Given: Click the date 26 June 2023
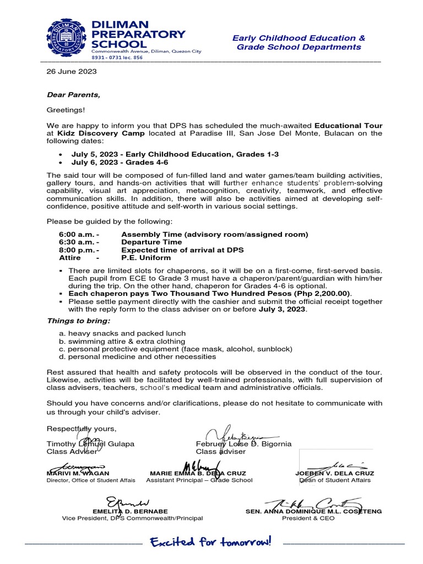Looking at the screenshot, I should [72, 72].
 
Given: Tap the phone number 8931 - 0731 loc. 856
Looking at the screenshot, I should [117, 57].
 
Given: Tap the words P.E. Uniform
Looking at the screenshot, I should [146, 257].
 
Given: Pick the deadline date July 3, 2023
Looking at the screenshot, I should [282, 309].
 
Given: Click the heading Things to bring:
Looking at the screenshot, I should [78, 321].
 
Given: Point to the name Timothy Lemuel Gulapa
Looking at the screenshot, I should [90, 444].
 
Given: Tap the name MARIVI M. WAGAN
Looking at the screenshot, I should [78, 473].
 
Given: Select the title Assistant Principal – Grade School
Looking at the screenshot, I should [199, 480].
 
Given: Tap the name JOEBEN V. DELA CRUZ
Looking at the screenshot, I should [335, 473].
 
